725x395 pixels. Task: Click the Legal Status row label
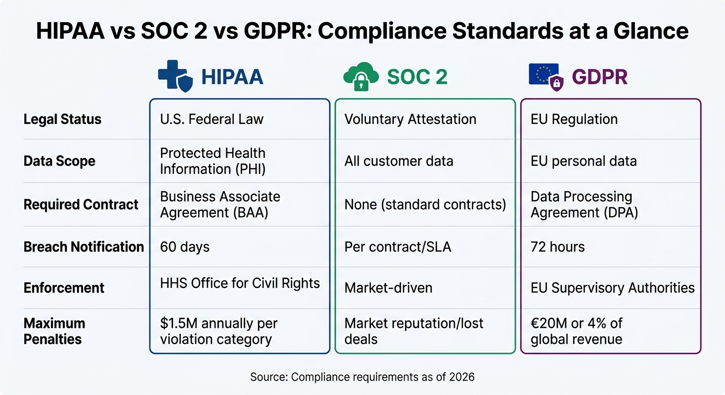coord(62,119)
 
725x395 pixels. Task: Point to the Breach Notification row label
coord(83,247)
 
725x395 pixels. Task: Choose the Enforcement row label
coord(64,288)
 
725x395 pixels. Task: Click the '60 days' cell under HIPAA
coord(185,247)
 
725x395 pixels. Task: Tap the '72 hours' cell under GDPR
coord(558,247)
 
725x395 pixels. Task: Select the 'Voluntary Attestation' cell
coord(410,119)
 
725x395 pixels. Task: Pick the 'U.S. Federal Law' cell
coord(212,119)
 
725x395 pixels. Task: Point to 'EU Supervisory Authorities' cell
coord(612,288)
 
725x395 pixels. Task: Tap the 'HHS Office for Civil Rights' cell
coord(240,283)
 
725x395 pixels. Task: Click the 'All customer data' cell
coord(399,161)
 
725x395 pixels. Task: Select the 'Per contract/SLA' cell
coord(398,247)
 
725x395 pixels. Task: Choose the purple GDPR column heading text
coord(600,77)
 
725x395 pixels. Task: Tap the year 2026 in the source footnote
coord(461,377)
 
